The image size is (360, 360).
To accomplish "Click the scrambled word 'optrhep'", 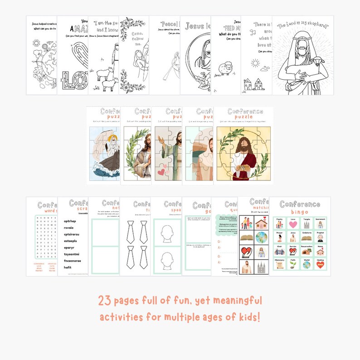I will pos(67,221).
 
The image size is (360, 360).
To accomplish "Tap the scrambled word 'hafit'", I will pos(64,268).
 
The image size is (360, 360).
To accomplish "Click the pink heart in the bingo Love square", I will pos(293,224).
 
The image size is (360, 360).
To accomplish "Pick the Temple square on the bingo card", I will pos(306,224).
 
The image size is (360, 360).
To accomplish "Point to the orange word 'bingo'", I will pos(299,212).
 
